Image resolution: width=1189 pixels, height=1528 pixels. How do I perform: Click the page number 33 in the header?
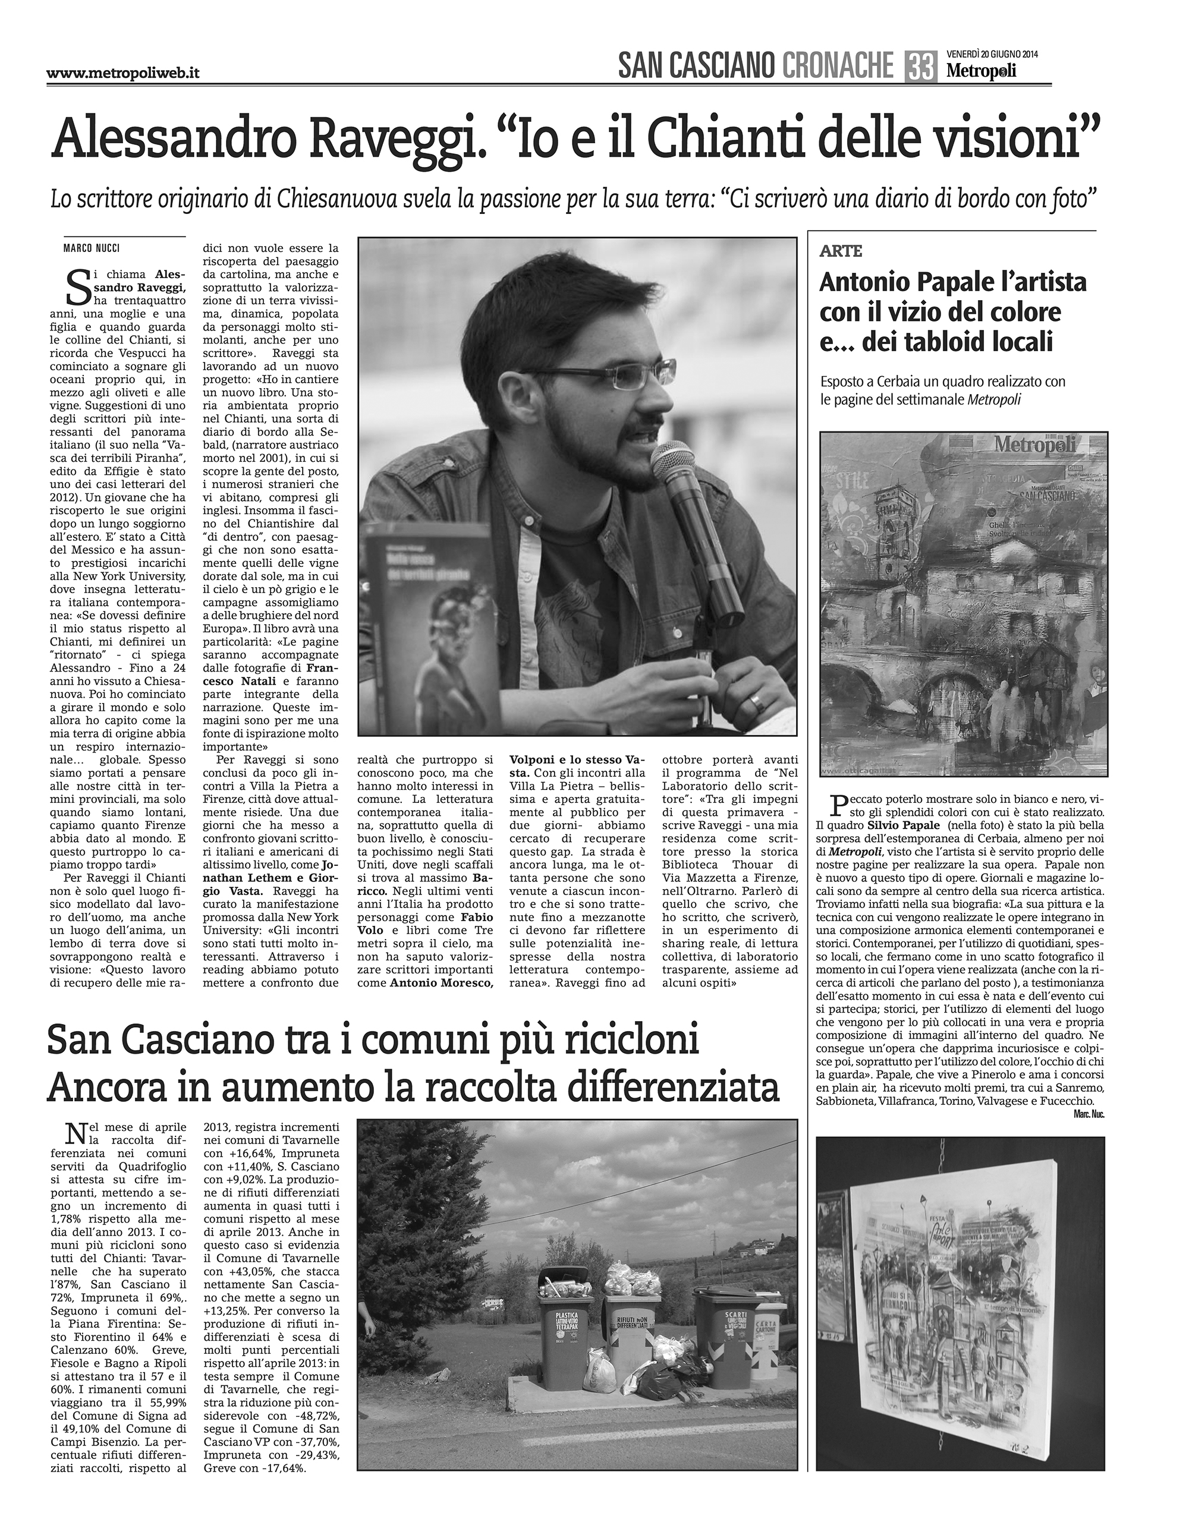coord(921,68)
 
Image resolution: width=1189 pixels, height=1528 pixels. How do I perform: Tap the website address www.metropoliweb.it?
coord(123,73)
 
